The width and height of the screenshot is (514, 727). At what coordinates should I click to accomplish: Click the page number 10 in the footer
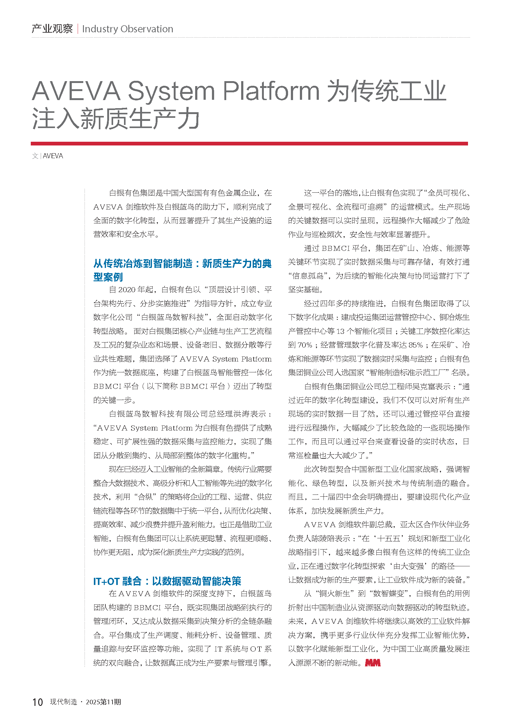pyautogui.click(x=37, y=702)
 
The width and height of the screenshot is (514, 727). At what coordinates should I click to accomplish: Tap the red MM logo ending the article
pyautogui.click(x=373, y=663)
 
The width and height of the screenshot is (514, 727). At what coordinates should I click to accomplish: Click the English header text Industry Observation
pyautogui.click(x=127, y=29)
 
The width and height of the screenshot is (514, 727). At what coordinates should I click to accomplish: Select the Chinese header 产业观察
pyautogui.click(x=52, y=29)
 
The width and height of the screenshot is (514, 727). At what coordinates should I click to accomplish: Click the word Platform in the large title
pyautogui.click(x=271, y=91)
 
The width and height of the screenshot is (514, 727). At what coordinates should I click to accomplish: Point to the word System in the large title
pyautogui.click(x=171, y=91)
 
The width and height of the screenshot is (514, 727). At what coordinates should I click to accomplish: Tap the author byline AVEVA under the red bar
pyautogui.click(x=53, y=156)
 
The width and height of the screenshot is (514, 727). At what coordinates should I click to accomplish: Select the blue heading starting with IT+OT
pyautogui.click(x=167, y=581)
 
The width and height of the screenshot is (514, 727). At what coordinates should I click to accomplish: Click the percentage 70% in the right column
pyautogui.click(x=305, y=345)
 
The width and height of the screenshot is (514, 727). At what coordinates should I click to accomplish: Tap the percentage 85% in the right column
pyautogui.click(x=415, y=345)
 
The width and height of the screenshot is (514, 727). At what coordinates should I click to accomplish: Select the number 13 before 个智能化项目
pyautogui.click(x=340, y=331)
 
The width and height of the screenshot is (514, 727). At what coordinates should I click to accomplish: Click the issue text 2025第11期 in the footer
pyautogui.click(x=103, y=702)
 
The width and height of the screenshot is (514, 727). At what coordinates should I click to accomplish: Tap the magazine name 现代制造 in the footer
pyautogui.click(x=64, y=702)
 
